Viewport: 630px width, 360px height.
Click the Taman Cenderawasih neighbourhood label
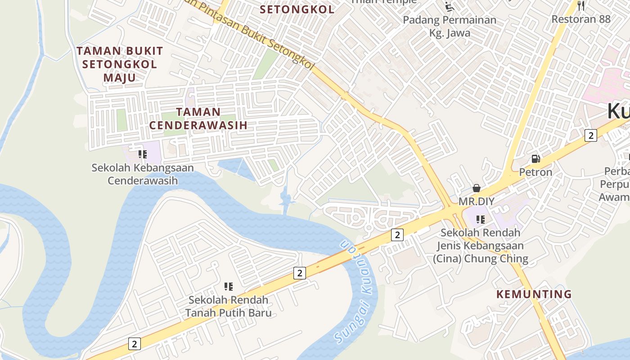coord(198,118)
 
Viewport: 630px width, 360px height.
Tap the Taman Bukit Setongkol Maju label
coord(120,64)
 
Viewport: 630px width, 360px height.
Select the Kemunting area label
coord(534,294)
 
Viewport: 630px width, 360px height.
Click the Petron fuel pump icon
coord(535,158)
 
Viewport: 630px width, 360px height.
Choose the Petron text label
coord(535,172)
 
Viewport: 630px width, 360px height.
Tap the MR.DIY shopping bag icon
coord(477,188)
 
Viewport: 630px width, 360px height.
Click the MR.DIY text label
coord(477,201)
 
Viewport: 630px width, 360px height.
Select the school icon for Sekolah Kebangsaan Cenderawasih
coord(143,155)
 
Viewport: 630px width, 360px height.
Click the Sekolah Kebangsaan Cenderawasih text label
coord(143,174)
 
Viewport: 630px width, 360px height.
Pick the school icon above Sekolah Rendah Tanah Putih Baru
coord(229,287)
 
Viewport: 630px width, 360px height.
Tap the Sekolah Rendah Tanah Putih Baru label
coord(229,306)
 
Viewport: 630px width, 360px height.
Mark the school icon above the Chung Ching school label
coord(481,220)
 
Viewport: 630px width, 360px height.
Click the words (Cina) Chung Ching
coord(481,259)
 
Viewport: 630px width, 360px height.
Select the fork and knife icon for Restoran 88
coord(581,6)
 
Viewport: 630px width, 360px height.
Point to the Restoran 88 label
coord(581,19)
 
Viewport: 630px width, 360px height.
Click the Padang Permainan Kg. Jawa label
coord(450,26)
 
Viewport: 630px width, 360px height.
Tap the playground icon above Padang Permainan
coord(449,6)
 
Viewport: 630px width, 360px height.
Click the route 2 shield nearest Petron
coord(591,135)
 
